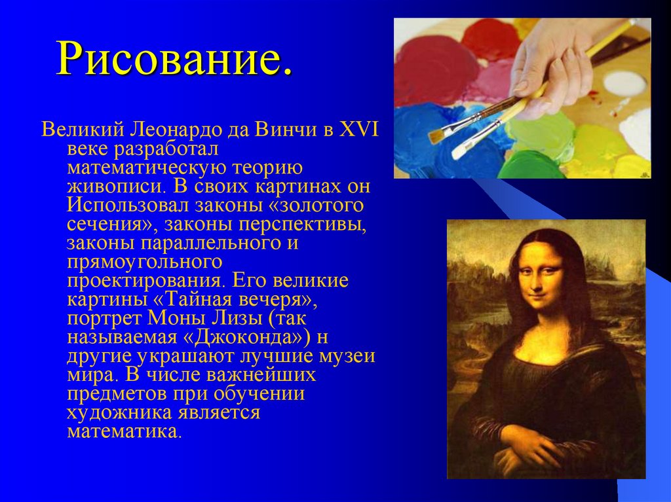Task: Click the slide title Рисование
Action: point(174,59)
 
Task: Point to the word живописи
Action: point(111,186)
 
